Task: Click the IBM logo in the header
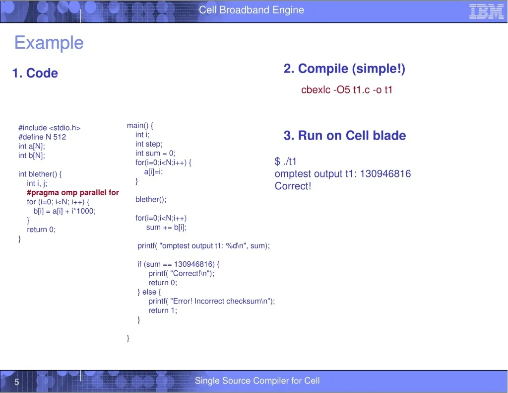click(486, 12)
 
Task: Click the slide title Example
click(49, 43)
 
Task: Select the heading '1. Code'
click(35, 73)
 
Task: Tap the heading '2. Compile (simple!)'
click(344, 69)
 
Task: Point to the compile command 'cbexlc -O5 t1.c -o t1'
click(347, 89)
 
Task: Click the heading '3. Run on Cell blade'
click(345, 135)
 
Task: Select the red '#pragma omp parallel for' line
click(73, 193)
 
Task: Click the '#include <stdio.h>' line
click(49, 128)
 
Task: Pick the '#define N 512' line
click(42, 137)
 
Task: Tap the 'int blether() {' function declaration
click(40, 174)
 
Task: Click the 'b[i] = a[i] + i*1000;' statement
click(64, 211)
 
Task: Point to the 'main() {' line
click(140, 126)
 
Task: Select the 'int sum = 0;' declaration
click(155, 153)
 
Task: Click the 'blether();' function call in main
click(151, 200)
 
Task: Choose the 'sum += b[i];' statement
click(166, 228)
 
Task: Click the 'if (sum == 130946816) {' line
click(178, 264)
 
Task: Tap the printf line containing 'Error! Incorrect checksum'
click(211, 302)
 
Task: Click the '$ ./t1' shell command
click(285, 161)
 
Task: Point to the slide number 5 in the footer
click(17, 382)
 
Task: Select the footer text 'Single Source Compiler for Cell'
click(257, 381)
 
